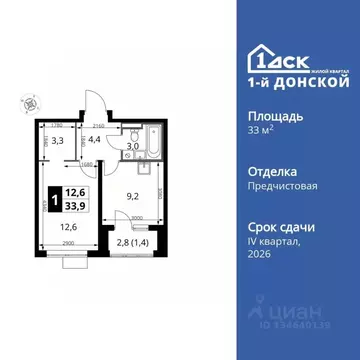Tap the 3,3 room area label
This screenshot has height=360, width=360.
pyautogui.click(x=58, y=142)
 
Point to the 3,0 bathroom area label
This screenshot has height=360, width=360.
pyautogui.click(x=131, y=146)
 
